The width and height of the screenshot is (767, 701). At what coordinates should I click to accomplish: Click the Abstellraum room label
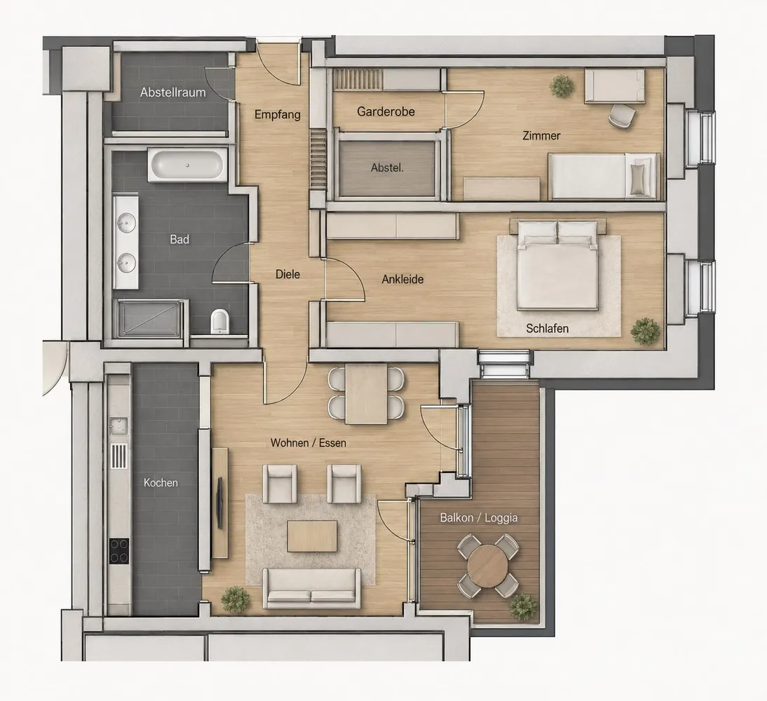coord(172,92)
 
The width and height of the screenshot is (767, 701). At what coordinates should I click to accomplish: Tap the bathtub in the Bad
coord(187,165)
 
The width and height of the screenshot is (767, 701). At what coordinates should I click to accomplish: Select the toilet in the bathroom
coord(219,321)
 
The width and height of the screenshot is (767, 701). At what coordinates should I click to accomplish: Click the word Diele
coord(287,274)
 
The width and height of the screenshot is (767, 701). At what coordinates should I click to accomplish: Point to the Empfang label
coord(278,115)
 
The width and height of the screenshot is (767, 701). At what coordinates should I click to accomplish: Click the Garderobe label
coord(386,111)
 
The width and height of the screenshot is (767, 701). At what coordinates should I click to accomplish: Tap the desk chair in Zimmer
coord(622,116)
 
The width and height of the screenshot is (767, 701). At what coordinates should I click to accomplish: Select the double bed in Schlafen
coord(557,265)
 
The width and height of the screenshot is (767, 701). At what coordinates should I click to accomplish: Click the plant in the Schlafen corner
coord(645,331)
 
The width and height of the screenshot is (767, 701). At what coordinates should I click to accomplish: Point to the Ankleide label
coord(402,279)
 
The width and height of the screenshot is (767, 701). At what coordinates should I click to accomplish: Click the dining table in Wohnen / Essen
coord(367,393)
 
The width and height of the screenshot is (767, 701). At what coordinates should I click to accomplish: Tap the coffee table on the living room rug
coord(312,536)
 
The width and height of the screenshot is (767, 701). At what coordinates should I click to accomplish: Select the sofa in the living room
coord(311,588)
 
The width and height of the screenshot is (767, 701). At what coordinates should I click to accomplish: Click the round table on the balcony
coord(488,566)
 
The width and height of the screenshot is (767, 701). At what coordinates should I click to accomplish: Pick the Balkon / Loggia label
coord(479,517)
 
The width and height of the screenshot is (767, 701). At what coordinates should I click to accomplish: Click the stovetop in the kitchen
coord(119,551)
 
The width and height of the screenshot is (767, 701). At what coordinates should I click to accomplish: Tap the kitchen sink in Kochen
coord(118,426)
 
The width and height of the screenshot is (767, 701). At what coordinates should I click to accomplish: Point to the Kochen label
coord(161,483)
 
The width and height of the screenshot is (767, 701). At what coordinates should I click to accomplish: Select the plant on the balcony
coord(523,607)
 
